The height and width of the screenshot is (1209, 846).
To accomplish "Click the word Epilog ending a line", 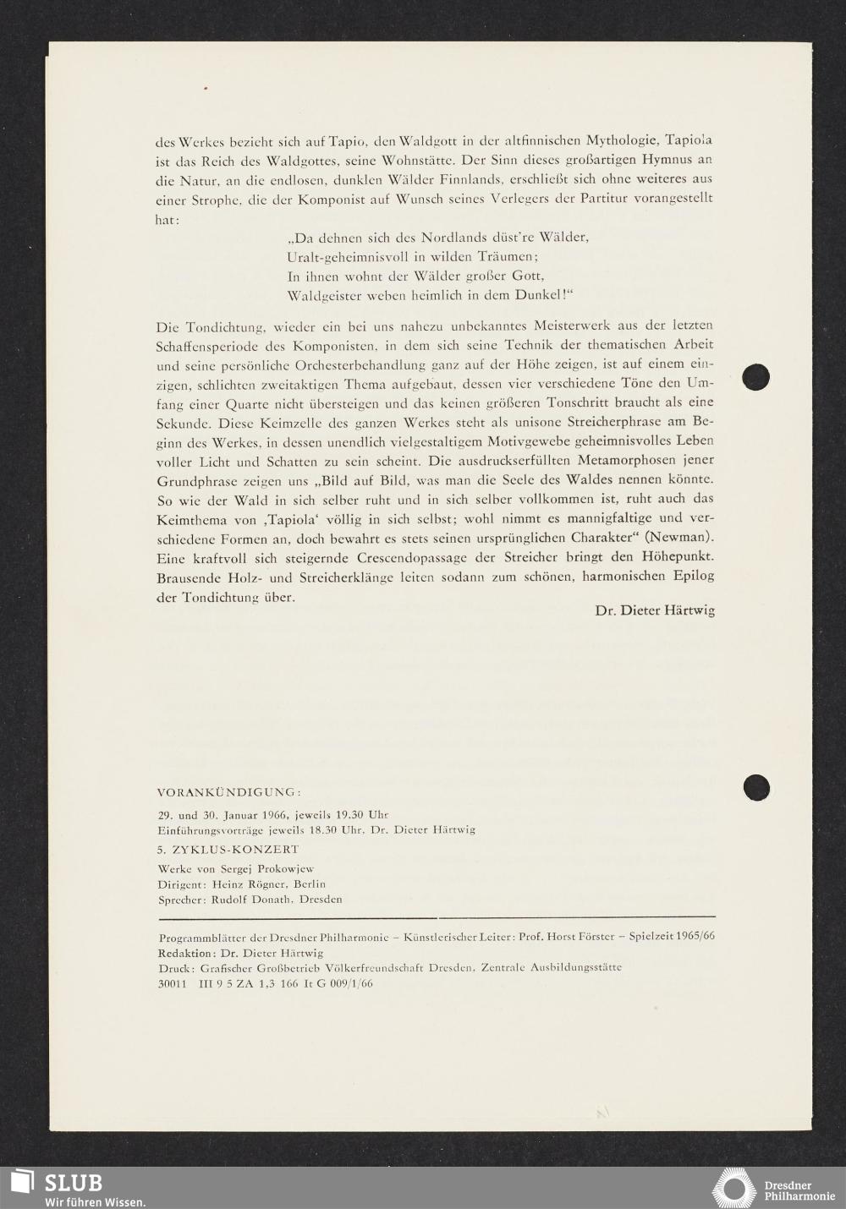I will [x=694, y=577].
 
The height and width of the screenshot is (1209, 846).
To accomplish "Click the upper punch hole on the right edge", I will [x=756, y=376].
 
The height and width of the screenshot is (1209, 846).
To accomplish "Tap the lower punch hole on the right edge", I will [x=756, y=787].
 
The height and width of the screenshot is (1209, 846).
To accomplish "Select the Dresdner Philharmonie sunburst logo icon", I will [x=735, y=1187].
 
